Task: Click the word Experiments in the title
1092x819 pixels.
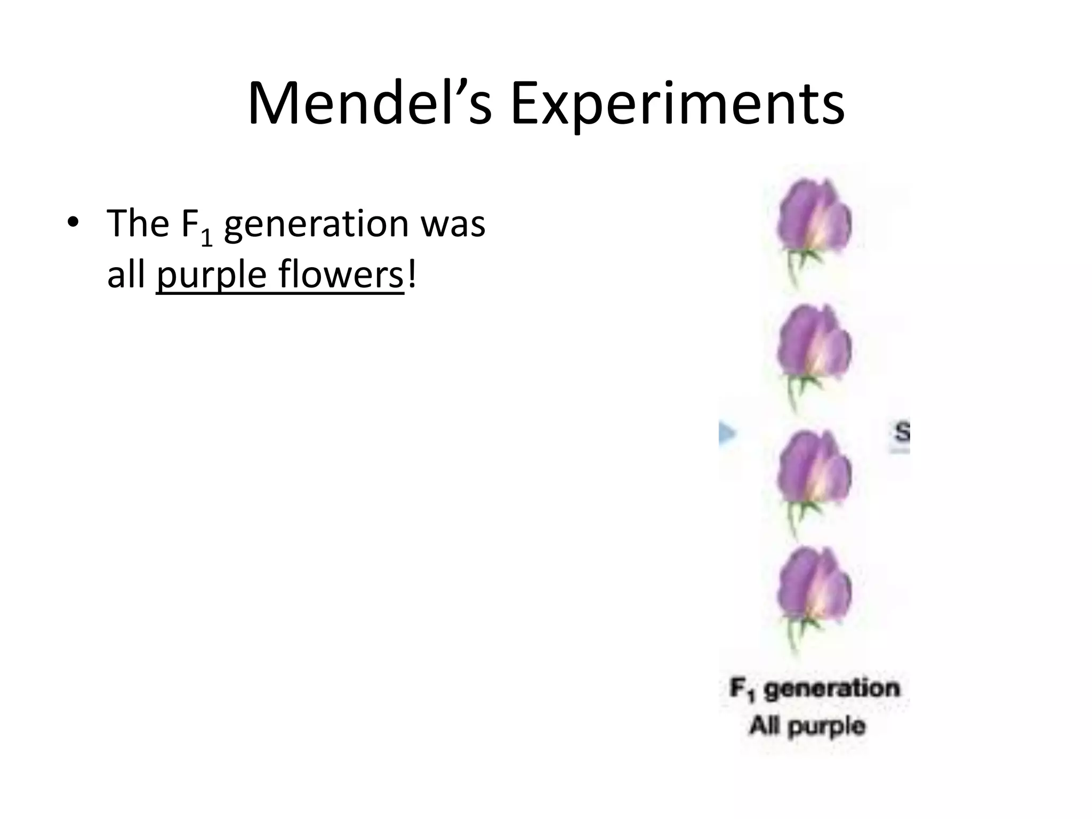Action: [677, 104]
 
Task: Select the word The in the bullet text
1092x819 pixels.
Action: [138, 223]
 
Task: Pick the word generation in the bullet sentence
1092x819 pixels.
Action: [317, 224]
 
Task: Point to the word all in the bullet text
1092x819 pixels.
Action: [126, 276]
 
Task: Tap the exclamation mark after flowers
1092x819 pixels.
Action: [411, 276]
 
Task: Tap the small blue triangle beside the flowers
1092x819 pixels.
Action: [726, 433]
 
